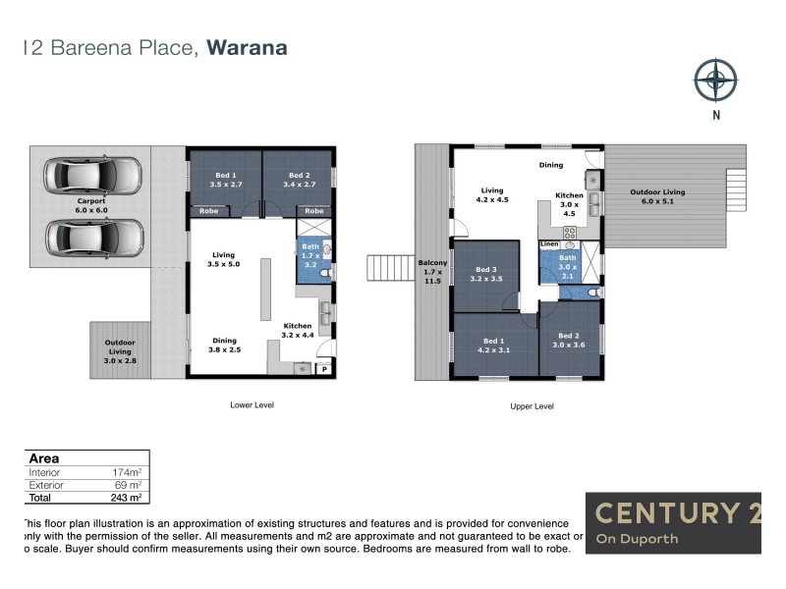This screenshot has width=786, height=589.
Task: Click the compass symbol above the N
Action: [x=715, y=80]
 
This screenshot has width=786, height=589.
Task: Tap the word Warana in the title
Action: [x=247, y=47]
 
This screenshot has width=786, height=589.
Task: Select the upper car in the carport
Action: [x=92, y=175]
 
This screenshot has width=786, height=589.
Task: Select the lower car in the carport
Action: [x=92, y=237]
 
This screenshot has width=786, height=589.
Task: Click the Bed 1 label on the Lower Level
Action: [x=225, y=179]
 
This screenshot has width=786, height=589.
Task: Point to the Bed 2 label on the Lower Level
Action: [x=298, y=179]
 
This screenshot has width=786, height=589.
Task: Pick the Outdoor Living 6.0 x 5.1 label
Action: [x=657, y=197]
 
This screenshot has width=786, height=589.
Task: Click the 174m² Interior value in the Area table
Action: [x=129, y=472]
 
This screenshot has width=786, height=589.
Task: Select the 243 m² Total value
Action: [x=127, y=498]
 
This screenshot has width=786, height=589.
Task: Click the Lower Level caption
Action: [x=252, y=403]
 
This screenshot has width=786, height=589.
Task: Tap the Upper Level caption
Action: [x=533, y=405]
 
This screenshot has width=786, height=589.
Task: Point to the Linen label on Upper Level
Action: [x=548, y=243]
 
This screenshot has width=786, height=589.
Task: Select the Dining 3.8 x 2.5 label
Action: [x=224, y=346]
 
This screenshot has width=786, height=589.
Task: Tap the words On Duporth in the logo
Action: [x=637, y=539]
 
